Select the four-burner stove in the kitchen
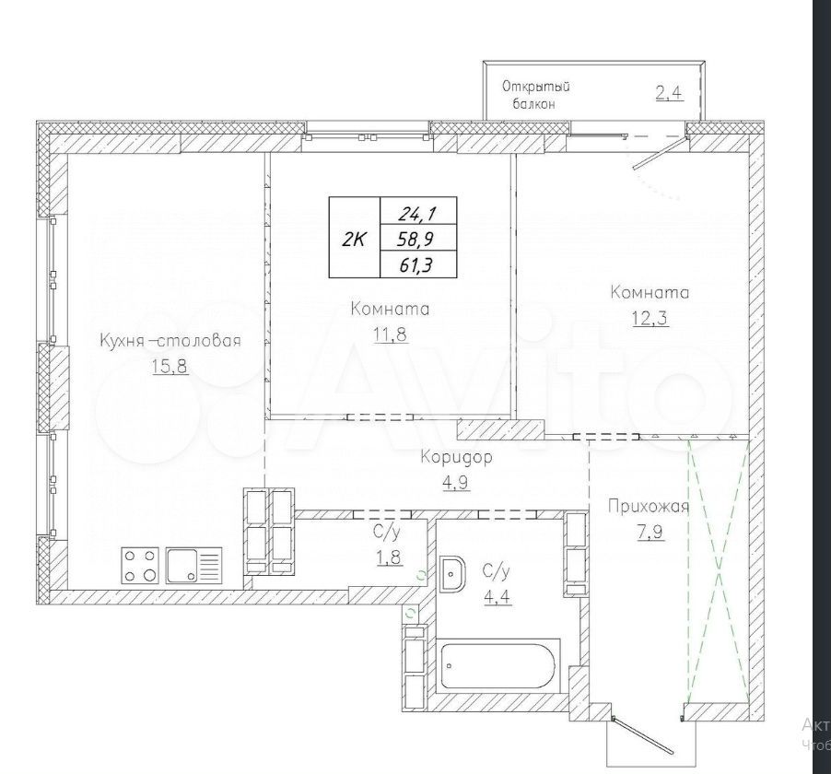coord(140,565)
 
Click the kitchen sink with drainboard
coord(194,565)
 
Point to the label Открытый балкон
coord(535,95)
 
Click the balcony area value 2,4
coord(670,93)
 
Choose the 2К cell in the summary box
coord(354,239)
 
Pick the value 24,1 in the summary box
coord(417,213)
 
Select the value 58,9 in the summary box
coord(416,239)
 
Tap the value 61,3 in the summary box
coord(416,264)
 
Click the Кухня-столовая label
coord(170,340)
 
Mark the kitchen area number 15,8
coord(170,366)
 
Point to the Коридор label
coord(456,457)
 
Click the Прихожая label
coord(649,507)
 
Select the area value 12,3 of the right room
coord(650,318)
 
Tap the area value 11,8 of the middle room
coord(392,334)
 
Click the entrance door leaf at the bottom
coord(642,736)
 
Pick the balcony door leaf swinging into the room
coord(661,153)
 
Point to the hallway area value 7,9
coord(650,532)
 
